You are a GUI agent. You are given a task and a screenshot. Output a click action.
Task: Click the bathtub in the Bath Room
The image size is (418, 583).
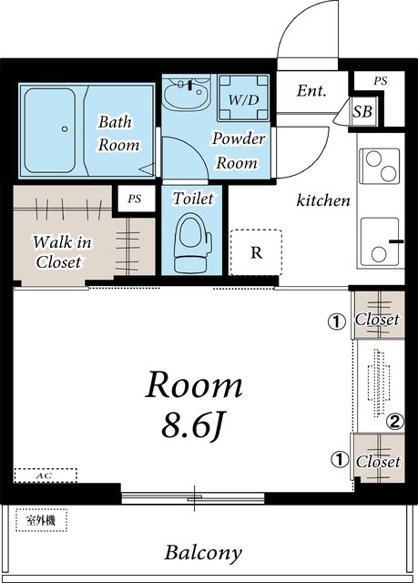tap(50, 130)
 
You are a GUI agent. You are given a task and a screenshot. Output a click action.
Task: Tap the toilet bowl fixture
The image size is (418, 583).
tap(192, 243)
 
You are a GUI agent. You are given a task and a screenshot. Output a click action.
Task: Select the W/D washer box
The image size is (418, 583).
tap(243, 97)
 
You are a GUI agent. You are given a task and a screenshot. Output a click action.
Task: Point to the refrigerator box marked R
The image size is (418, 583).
tap(256, 252)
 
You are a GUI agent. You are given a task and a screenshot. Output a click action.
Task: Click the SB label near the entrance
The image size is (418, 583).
tap(362, 111)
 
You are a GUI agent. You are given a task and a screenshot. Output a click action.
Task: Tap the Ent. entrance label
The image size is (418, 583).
tap(311, 90)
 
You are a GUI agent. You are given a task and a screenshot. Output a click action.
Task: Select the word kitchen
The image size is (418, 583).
tap(323, 200)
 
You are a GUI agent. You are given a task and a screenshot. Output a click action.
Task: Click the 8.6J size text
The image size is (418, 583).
tap(192, 425)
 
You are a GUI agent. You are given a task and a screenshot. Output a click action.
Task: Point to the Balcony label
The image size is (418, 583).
tap(203, 553)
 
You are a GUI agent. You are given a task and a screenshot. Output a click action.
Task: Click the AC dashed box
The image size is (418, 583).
tap(46, 476)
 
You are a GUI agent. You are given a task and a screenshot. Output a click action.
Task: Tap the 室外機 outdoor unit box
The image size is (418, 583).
tap(41, 520)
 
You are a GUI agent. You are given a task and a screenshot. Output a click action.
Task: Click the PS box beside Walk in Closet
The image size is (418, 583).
tap(135, 199)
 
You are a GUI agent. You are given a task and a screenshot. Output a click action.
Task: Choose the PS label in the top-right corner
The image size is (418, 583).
tap(380, 81)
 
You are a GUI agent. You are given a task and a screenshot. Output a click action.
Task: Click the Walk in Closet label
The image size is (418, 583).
tap(61, 252)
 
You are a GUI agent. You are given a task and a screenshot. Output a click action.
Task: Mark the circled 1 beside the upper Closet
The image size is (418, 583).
tap(337, 322)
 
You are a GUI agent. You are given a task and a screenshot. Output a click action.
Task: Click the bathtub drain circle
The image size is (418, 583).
tap(65, 129)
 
